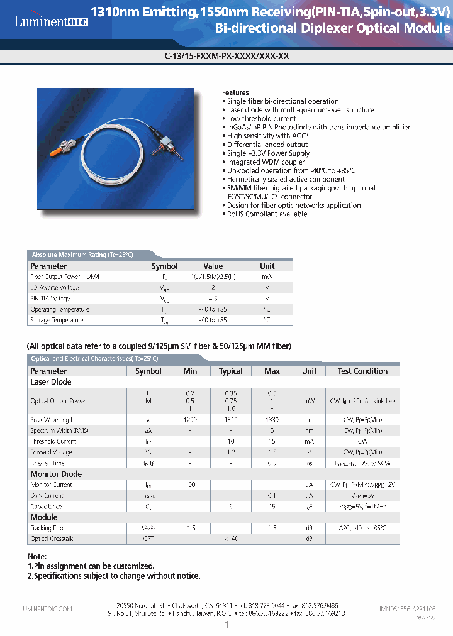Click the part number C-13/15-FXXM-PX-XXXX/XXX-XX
[226, 55]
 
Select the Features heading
[235, 92]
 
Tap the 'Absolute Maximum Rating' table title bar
[82, 255]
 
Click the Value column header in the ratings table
[213, 266]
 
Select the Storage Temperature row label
[57, 321]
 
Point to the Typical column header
[230, 371]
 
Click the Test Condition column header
[362, 371]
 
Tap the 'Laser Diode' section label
[51, 382]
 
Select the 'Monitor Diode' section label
[56, 474]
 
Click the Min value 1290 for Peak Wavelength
[190, 419]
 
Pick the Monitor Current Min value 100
[190, 485]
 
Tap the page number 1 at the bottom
[226, 625]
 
